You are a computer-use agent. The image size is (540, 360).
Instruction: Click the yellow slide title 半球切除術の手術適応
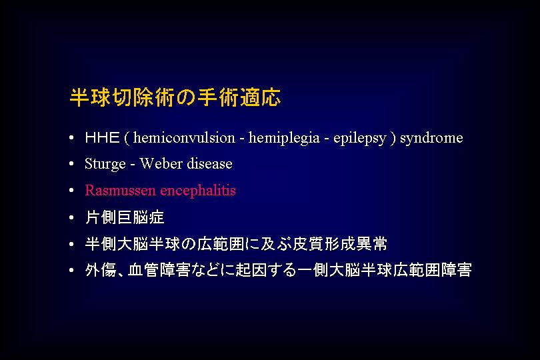pyautogui.click(x=175, y=97)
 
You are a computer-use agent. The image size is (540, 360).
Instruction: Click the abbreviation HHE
pyautogui.click(x=102, y=138)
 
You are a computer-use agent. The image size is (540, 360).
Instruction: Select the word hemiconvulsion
pyautogui.click(x=184, y=138)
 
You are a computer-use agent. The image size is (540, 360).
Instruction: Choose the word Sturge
pyautogui.click(x=105, y=164)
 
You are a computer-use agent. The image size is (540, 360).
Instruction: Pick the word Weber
pyautogui.click(x=161, y=163)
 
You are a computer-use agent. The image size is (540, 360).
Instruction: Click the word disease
pyautogui.click(x=209, y=163)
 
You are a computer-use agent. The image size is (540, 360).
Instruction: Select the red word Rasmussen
pyautogui.click(x=120, y=190)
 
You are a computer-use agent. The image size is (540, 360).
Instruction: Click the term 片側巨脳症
pyautogui.click(x=125, y=217)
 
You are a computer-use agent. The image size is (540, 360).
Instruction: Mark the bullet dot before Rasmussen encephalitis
pyautogui.click(x=71, y=190)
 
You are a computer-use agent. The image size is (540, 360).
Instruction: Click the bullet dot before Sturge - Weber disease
pyautogui.click(x=71, y=163)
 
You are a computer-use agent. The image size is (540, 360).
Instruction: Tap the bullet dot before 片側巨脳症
pyautogui.click(x=71, y=217)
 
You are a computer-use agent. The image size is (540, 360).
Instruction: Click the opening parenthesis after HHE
pyautogui.click(x=127, y=139)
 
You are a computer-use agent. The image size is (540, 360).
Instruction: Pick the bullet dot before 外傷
pyautogui.click(x=71, y=270)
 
